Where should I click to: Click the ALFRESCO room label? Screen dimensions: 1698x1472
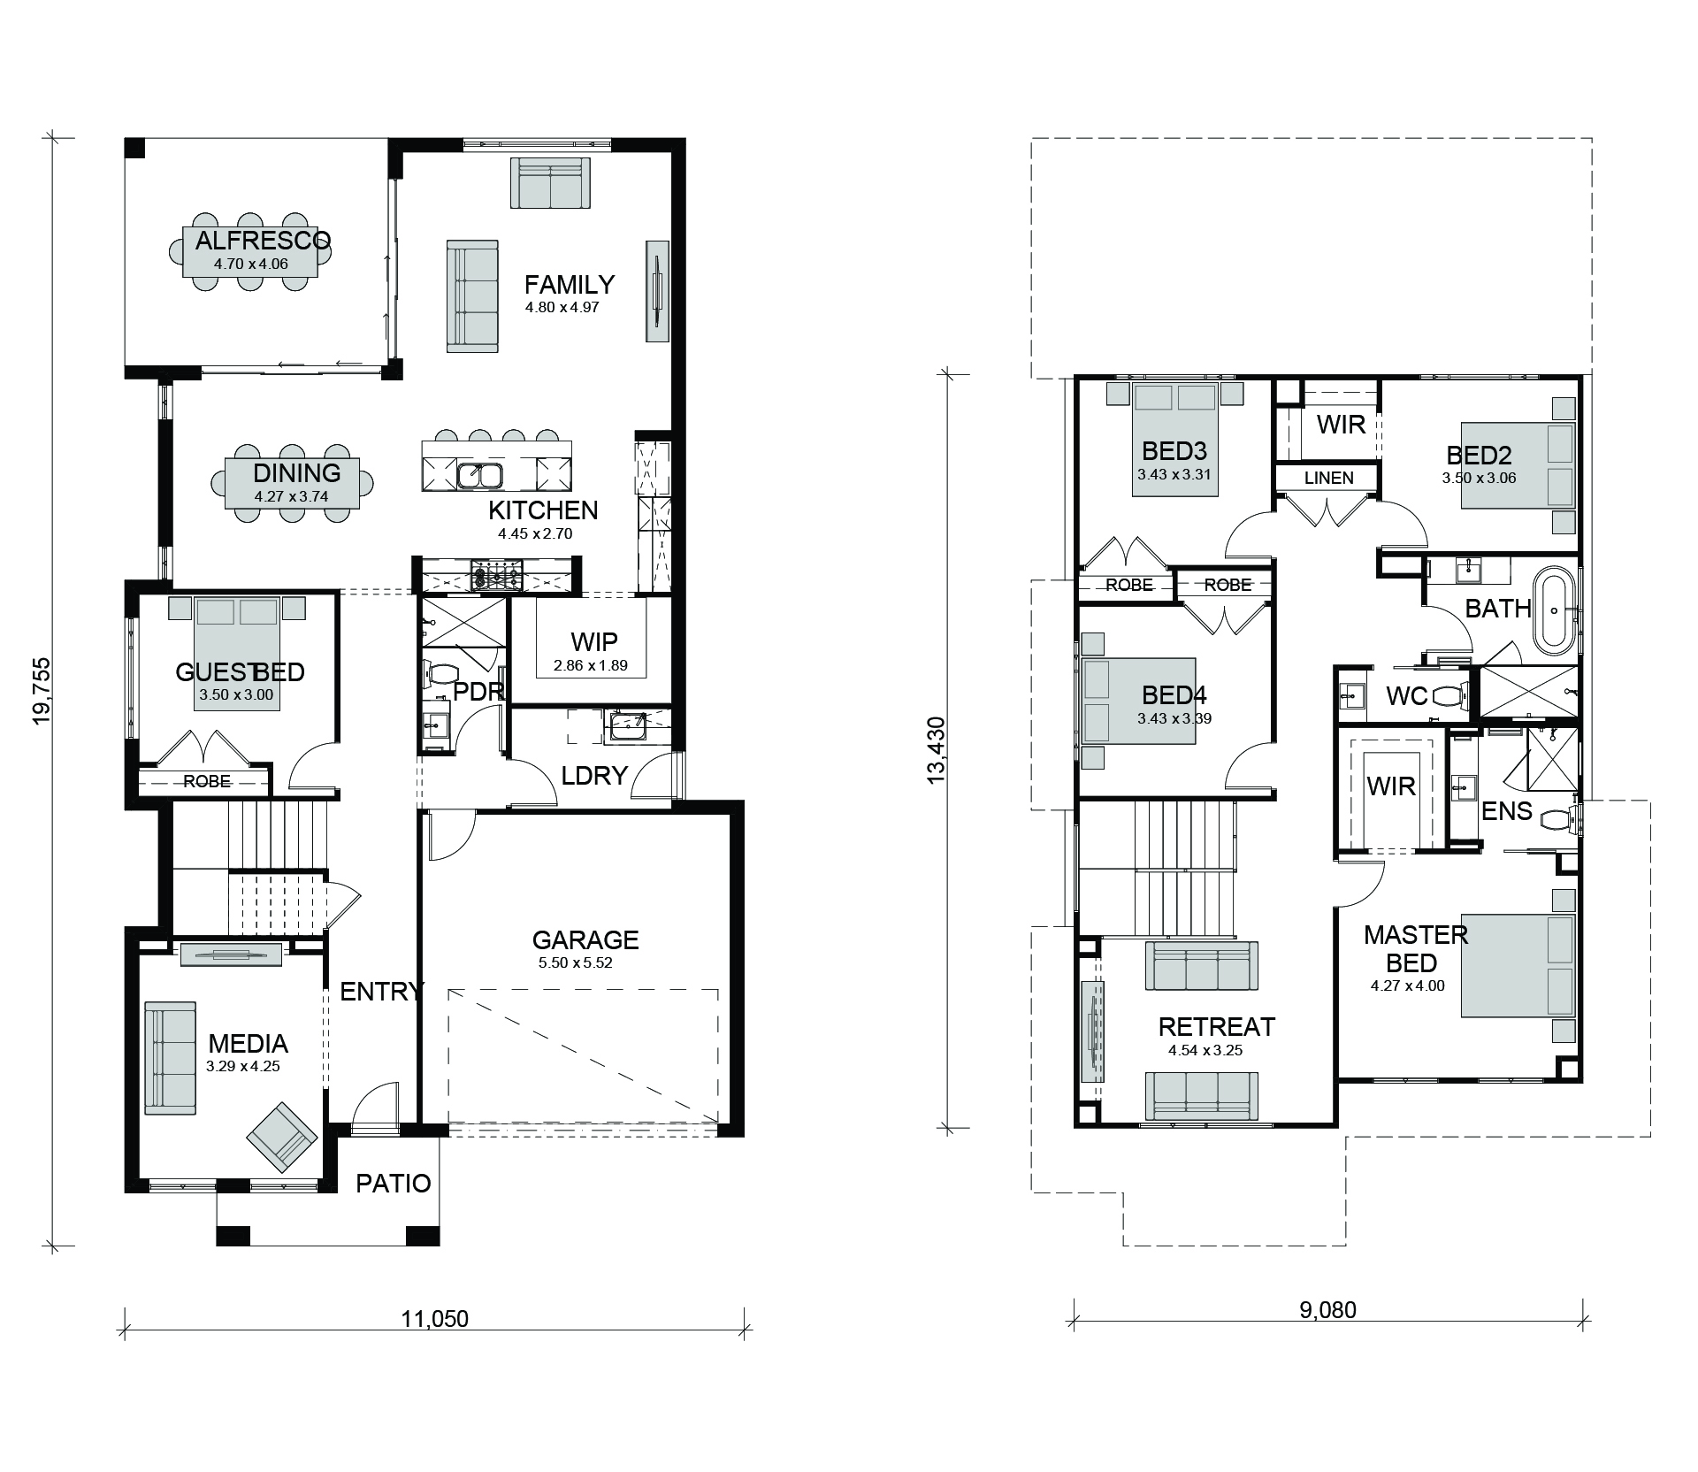(x=263, y=240)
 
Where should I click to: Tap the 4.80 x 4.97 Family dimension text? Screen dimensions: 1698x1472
(x=562, y=308)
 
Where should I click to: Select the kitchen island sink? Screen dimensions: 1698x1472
(x=480, y=476)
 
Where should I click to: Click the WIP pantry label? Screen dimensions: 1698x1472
(x=594, y=641)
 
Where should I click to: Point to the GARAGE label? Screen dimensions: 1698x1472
(x=585, y=939)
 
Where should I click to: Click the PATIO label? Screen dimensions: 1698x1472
(x=394, y=1184)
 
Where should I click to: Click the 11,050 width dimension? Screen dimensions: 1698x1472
(x=435, y=1319)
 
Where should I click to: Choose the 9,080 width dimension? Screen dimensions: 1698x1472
(x=1327, y=1310)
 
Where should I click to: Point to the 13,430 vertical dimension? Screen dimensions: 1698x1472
(x=936, y=748)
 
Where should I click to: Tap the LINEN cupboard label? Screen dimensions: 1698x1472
(x=1328, y=478)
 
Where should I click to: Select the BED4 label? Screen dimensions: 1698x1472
(x=1174, y=694)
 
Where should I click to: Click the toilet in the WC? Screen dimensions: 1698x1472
(x=1447, y=696)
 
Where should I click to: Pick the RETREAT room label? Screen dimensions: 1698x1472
(x=1217, y=1027)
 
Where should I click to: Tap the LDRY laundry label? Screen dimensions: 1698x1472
(x=594, y=776)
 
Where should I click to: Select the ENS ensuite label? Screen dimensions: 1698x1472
(x=1507, y=810)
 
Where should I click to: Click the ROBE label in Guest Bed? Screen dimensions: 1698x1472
(x=207, y=781)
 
